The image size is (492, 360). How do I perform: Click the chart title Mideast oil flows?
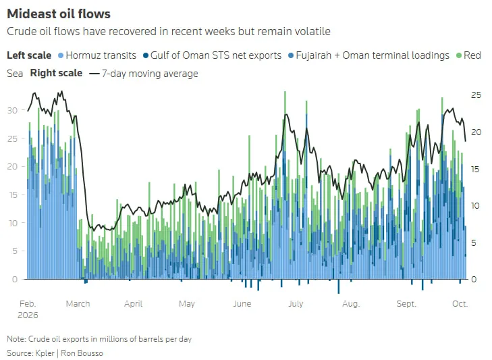pyautogui.click(x=59, y=14)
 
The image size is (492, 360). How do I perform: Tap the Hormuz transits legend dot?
pyautogui.click(x=61, y=55)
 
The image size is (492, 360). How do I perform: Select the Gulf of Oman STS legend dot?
pyautogui.click(x=146, y=55)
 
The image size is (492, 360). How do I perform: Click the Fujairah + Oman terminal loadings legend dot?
pyautogui.click(x=291, y=55)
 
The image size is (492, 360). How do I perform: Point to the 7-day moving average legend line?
pyautogui.click(x=94, y=74)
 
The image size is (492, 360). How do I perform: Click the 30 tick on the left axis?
pyautogui.click(x=13, y=111)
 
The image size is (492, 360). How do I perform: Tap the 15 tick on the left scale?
pyautogui.click(x=13, y=195)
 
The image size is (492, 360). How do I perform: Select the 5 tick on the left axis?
pyautogui.click(x=15, y=251)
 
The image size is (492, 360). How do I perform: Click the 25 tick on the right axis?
pyautogui.click(x=476, y=95)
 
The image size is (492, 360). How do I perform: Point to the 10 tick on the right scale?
pyautogui.click(x=476, y=206)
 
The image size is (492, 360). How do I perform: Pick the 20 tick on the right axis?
pyautogui.click(x=476, y=132)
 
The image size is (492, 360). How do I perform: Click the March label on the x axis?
pyautogui.click(x=78, y=304)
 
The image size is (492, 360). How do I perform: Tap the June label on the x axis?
pyautogui.click(x=242, y=304)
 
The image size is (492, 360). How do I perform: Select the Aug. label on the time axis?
pyautogui.click(x=351, y=304)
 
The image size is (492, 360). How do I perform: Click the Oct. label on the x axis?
pyautogui.click(x=460, y=304)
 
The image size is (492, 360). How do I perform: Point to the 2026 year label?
pyautogui.click(x=28, y=315)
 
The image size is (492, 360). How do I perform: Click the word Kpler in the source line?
pyautogui.click(x=45, y=353)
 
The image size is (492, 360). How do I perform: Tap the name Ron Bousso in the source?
pyautogui.click(x=82, y=353)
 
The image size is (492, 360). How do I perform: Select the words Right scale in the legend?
pyautogui.click(x=56, y=73)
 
